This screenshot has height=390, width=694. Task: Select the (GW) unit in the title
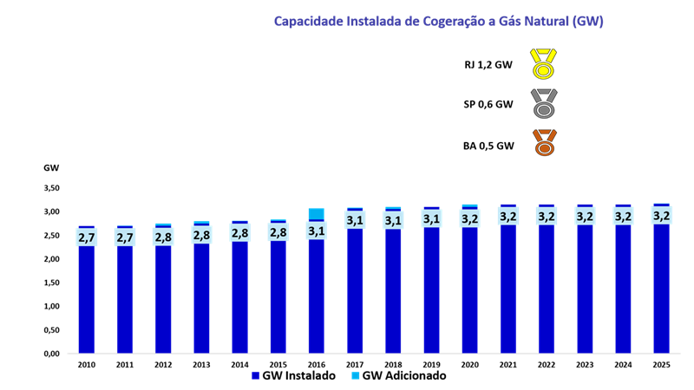click(x=587, y=21)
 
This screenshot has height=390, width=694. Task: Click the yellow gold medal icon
click(x=544, y=65)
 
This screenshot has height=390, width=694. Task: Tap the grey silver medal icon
click(x=544, y=105)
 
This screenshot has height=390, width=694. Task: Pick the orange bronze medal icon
click(x=544, y=143)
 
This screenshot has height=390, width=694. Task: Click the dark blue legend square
click(x=256, y=375)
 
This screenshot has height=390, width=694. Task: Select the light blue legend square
click(x=356, y=375)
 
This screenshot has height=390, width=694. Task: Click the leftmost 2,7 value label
click(x=87, y=237)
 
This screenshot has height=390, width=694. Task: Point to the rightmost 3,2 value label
click(x=661, y=215)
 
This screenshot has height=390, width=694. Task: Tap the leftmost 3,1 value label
click(x=317, y=231)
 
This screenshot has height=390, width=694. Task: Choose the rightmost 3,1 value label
click(x=431, y=218)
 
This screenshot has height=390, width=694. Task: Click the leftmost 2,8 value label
click(x=163, y=236)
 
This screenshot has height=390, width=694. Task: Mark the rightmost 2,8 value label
click(x=278, y=232)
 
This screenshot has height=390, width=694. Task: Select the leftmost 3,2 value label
click(x=469, y=218)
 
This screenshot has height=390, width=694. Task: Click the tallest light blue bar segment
click(x=317, y=213)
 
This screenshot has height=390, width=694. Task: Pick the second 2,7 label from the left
click(x=125, y=237)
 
